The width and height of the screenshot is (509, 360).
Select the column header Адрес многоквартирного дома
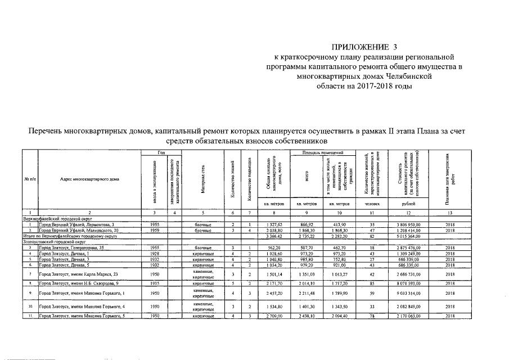click(x=85, y=179)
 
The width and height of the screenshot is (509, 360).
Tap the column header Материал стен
click(x=202, y=179)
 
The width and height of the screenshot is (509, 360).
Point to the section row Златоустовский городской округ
click(x=53, y=242)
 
